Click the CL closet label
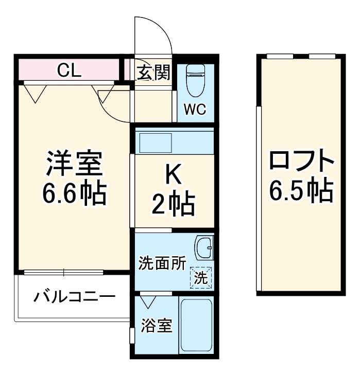pos(69,70)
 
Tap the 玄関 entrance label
pos(153,73)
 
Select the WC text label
pos(196,110)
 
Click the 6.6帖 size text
pos(74,193)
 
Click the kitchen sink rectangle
pos(156,142)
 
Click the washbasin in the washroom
pos(203,250)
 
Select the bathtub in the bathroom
pos(196,325)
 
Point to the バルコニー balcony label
pos(74,297)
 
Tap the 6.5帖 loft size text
pos(302,192)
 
